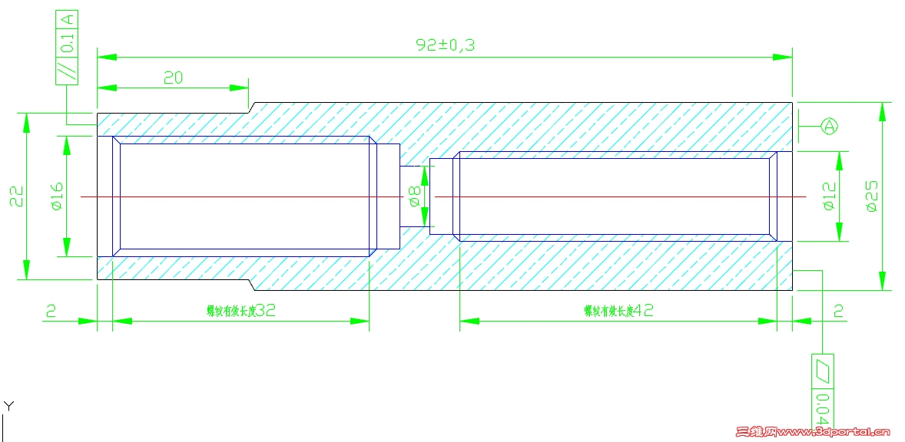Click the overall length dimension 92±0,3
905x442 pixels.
pyautogui.click(x=446, y=45)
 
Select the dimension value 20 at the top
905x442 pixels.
pyautogui.click(x=173, y=78)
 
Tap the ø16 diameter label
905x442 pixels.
pyautogui.click(x=55, y=196)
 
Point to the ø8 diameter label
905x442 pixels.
pyautogui.click(x=414, y=196)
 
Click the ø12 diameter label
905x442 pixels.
pyautogui.click(x=828, y=196)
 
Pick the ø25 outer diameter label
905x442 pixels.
pyautogui.click(x=871, y=196)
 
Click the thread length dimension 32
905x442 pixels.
pyautogui.click(x=264, y=311)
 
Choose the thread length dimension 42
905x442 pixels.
pyautogui.click(x=641, y=311)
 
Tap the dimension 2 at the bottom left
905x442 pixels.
pyautogui.click(x=51, y=311)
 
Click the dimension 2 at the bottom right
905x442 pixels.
pyautogui.click(x=838, y=311)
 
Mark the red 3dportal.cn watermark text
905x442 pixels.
pyautogui.click(x=812, y=433)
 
